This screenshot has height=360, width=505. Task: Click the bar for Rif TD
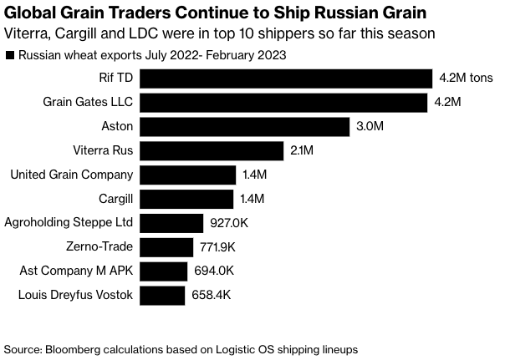[285, 79]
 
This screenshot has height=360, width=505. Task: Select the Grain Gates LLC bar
[285, 103]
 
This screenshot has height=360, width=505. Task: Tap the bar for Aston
[244, 127]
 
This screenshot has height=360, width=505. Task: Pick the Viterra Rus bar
[212, 151]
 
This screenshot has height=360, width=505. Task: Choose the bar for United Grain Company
[187, 175]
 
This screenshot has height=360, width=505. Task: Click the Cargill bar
[186, 199]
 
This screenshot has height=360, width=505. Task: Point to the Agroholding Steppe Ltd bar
[171, 223]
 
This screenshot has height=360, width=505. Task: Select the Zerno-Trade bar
[166, 247]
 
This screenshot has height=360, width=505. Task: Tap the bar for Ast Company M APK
[163, 271]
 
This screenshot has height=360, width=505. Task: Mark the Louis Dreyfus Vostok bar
[162, 295]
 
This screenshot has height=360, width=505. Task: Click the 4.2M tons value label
[466, 79]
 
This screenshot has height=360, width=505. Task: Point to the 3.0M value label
[369, 127]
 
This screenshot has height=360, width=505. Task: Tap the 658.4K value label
[210, 295]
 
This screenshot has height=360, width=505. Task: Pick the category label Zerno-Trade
[99, 247]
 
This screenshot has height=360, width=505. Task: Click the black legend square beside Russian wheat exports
[9, 57]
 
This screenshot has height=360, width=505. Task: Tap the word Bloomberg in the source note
[74, 347]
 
